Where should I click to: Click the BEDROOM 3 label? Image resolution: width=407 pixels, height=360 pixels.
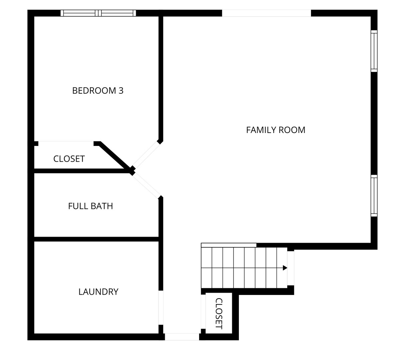(98, 91)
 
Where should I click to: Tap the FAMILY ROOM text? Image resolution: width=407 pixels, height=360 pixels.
(276, 130)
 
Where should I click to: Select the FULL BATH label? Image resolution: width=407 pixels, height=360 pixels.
(90, 206)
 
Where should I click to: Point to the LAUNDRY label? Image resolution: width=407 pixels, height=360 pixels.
(98, 292)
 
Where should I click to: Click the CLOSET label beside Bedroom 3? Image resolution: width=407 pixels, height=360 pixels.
(69, 159)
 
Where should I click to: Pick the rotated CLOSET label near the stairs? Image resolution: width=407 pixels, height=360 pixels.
(219, 313)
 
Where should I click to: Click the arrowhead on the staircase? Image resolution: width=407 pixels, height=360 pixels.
(285, 268)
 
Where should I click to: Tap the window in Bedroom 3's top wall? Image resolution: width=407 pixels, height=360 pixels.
(98, 13)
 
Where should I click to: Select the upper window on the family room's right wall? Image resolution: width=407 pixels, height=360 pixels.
(374, 51)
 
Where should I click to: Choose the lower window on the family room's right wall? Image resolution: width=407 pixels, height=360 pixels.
(374, 196)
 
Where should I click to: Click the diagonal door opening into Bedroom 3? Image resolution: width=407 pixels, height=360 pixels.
(146, 155)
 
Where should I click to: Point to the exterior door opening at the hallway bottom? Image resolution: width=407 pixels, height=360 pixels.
(182, 337)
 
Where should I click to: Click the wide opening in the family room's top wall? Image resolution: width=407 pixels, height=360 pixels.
(266, 13)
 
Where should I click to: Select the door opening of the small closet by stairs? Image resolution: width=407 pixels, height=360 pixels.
(203, 312)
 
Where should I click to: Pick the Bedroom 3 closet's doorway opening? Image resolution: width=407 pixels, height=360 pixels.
(66, 143)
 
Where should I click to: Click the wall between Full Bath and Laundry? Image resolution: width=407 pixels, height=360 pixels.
(96, 239)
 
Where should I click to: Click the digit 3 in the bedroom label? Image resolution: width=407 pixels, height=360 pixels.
(121, 91)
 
